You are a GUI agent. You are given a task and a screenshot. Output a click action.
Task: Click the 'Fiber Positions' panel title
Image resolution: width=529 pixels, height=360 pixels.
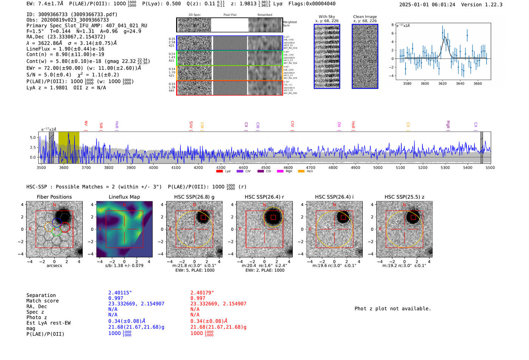click(54, 197)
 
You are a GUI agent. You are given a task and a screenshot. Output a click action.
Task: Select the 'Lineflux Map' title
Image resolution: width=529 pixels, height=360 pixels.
click(124, 197)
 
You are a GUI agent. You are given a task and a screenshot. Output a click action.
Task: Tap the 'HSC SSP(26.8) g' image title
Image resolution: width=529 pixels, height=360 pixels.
click(194, 197)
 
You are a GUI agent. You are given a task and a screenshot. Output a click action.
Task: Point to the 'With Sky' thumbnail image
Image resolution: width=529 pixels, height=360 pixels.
click(327, 56)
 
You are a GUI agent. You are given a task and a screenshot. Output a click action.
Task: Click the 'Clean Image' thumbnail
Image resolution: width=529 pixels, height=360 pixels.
click(365, 56)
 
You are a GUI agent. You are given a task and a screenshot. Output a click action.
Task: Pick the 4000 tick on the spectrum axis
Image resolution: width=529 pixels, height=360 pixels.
click(153, 167)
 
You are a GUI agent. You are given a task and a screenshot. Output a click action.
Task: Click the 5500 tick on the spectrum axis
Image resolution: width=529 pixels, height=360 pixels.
click(490, 167)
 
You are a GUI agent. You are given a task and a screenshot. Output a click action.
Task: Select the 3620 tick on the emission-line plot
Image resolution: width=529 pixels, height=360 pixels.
click(442, 83)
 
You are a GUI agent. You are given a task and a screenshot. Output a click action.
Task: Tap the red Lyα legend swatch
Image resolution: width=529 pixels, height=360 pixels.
click(220, 172)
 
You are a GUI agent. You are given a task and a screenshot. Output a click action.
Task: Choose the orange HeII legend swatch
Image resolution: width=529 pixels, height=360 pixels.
click(301, 172)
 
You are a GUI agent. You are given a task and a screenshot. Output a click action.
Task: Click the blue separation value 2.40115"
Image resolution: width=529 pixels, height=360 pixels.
click(120, 293)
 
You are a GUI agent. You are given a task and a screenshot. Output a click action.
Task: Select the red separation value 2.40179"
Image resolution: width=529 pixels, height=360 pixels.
click(202, 293)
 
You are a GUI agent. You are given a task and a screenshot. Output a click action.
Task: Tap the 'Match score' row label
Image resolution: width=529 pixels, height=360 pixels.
click(42, 301)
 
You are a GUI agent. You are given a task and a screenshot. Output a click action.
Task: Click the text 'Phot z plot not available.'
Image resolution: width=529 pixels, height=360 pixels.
click(393, 309)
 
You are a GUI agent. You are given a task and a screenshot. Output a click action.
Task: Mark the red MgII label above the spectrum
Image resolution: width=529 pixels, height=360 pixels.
click(448, 124)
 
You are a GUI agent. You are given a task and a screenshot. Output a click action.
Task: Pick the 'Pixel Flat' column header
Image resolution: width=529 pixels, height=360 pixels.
click(230, 15)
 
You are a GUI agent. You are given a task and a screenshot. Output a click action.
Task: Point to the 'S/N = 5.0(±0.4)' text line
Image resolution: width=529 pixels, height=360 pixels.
click(49, 75)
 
